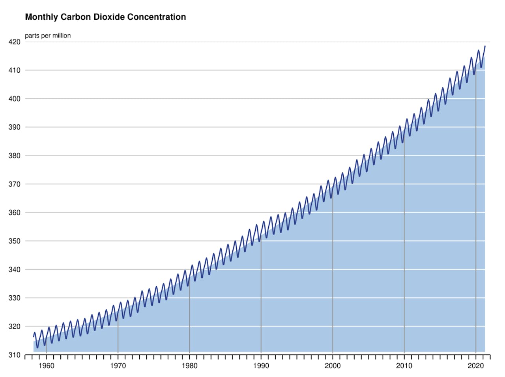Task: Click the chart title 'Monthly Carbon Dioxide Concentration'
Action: pos(105,17)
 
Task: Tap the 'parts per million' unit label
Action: pos(48,36)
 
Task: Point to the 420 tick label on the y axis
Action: pos(14,42)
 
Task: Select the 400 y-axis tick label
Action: pos(14,99)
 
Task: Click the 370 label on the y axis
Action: pos(14,184)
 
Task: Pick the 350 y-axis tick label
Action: pos(14,241)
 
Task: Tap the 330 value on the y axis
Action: pos(14,298)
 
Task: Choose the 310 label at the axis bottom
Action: pos(14,355)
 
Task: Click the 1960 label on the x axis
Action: pos(46,366)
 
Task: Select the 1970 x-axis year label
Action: pos(118,366)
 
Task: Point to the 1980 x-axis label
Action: pos(189,366)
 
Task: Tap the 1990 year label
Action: pos(261,366)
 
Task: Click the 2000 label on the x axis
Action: pos(333,366)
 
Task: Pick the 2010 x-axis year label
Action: pos(404,366)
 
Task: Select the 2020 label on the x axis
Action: pos(475,366)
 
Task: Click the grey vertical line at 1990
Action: pos(261,296)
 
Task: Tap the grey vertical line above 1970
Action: pos(118,336)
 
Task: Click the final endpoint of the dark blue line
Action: pos(485,46)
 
